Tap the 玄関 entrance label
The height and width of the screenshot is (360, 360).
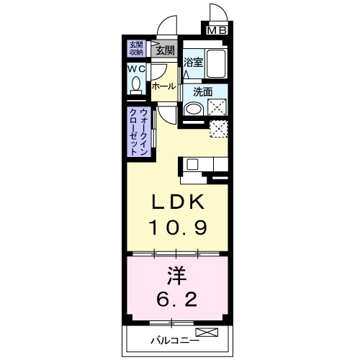click(x=164, y=50)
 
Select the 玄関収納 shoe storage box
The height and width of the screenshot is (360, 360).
click(x=136, y=49)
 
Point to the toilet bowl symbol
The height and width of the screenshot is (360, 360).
click(x=136, y=86)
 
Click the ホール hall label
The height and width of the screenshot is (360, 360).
click(x=163, y=86)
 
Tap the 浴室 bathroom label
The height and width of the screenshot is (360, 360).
click(x=192, y=62)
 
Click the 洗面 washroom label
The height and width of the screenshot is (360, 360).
click(x=202, y=91)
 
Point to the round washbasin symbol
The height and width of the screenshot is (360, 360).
click(x=192, y=109)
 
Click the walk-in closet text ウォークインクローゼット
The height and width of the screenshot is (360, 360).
click(x=140, y=131)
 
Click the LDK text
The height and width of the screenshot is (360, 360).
click(x=179, y=202)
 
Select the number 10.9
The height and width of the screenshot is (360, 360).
click(x=179, y=228)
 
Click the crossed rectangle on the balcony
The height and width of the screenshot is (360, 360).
click(x=206, y=333)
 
